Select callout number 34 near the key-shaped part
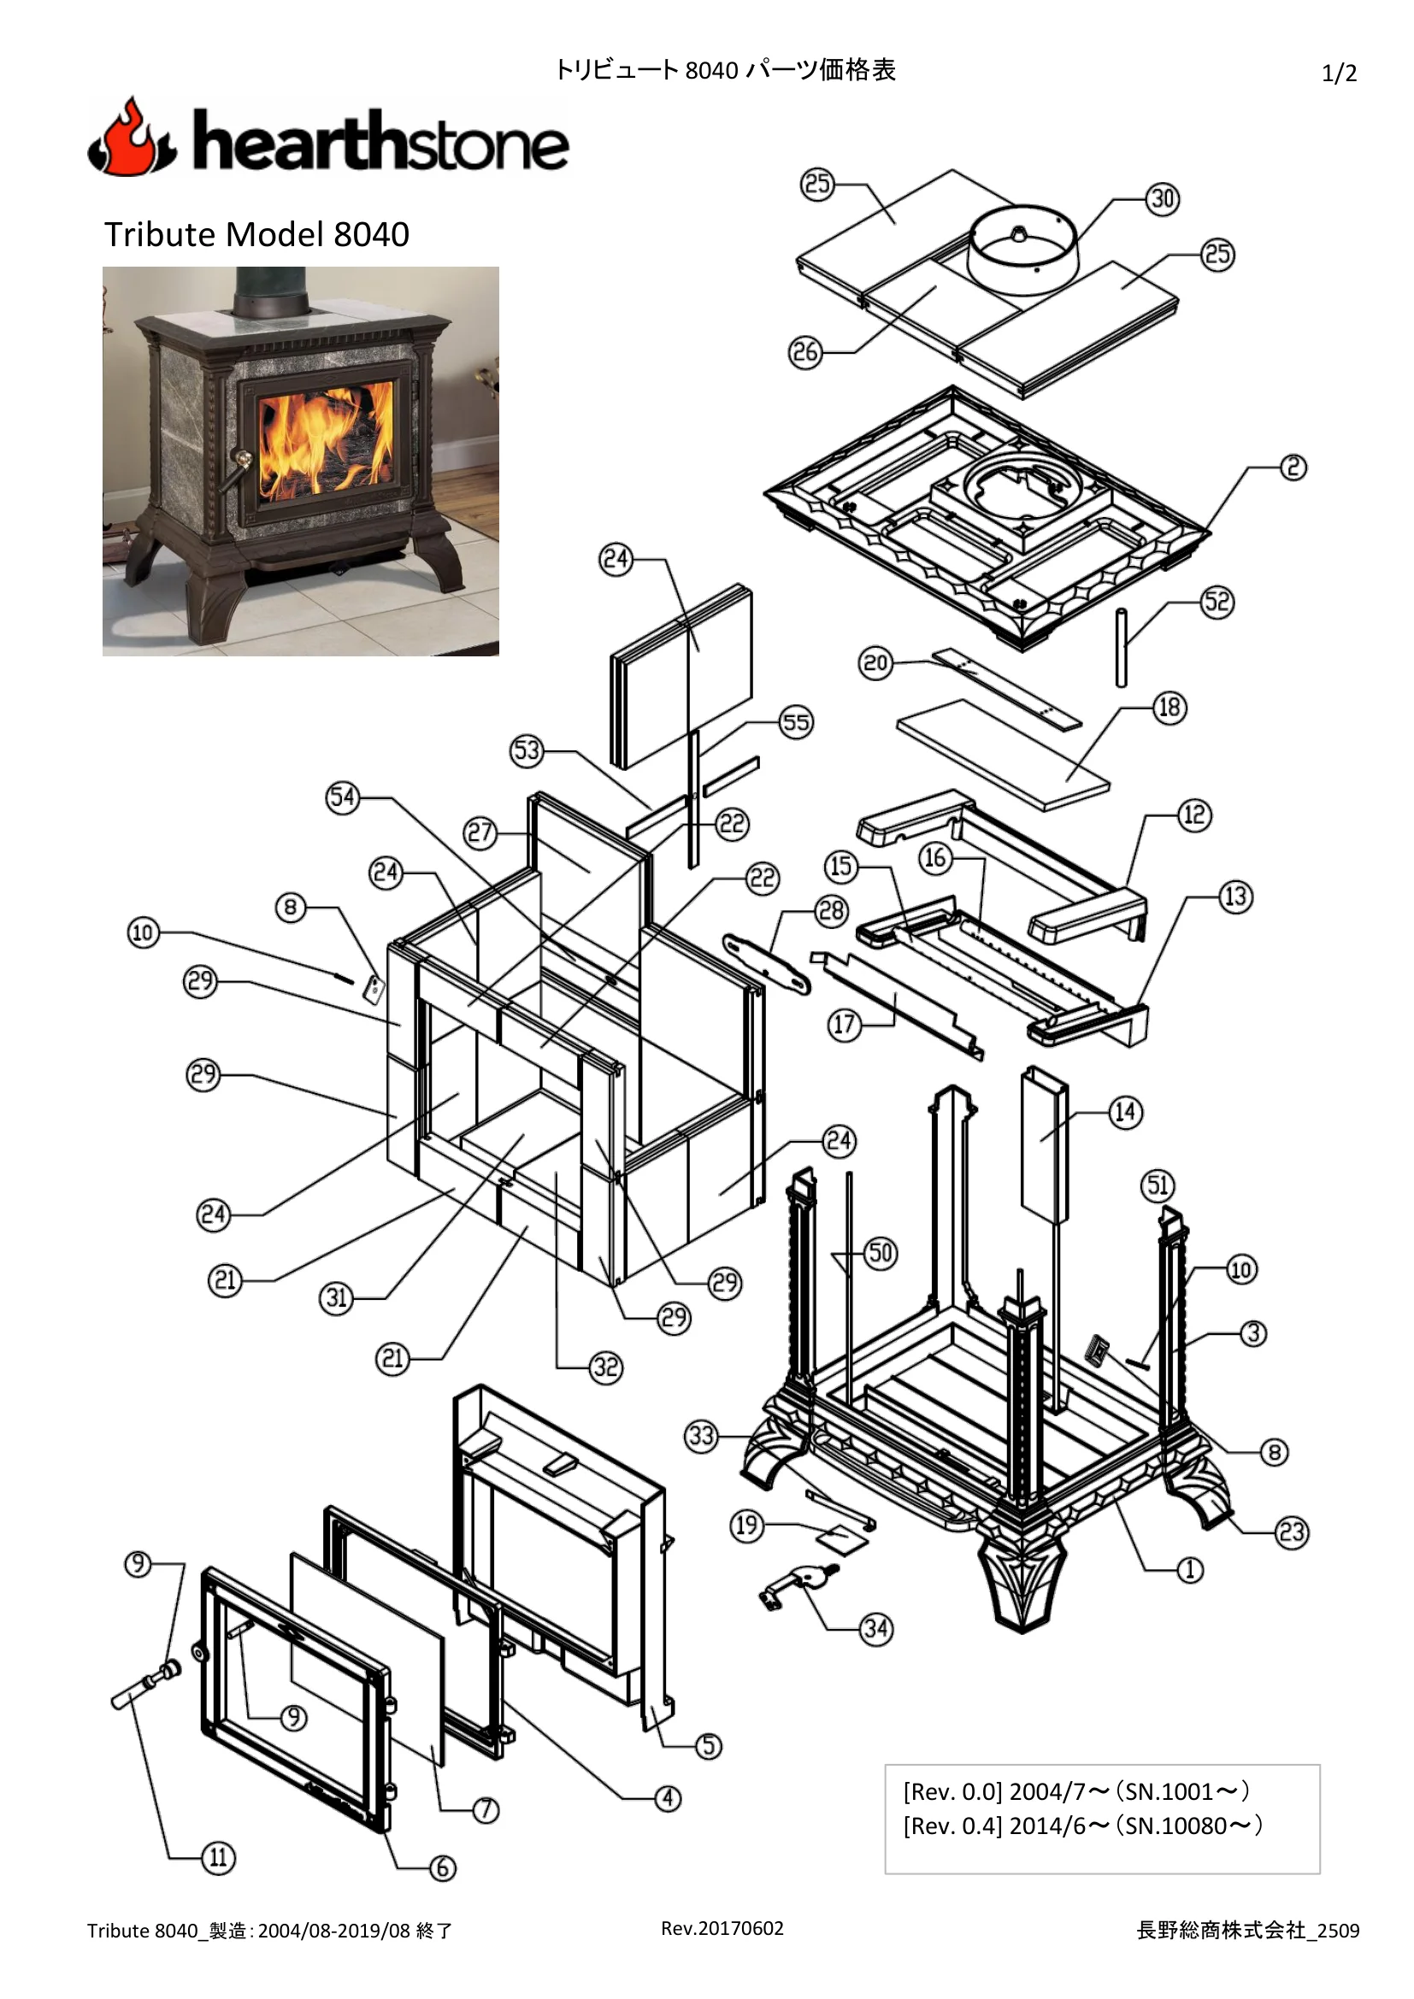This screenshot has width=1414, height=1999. click(x=876, y=1628)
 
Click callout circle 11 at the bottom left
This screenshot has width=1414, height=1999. click(x=218, y=1857)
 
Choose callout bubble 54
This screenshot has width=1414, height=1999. click(x=343, y=797)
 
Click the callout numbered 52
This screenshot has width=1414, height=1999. click(x=1217, y=602)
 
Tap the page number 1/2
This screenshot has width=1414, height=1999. click(x=1339, y=73)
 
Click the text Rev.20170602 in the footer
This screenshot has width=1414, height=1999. click(x=722, y=1927)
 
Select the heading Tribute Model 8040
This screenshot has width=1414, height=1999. click(x=256, y=234)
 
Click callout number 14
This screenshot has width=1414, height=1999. click(x=1125, y=1112)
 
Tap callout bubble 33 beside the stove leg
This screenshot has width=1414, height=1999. click(x=702, y=1436)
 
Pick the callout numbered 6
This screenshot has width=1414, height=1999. click(x=442, y=1867)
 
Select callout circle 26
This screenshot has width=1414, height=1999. click(x=805, y=353)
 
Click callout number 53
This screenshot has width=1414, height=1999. click(x=527, y=750)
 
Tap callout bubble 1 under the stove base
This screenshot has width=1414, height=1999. click(x=1190, y=1570)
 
